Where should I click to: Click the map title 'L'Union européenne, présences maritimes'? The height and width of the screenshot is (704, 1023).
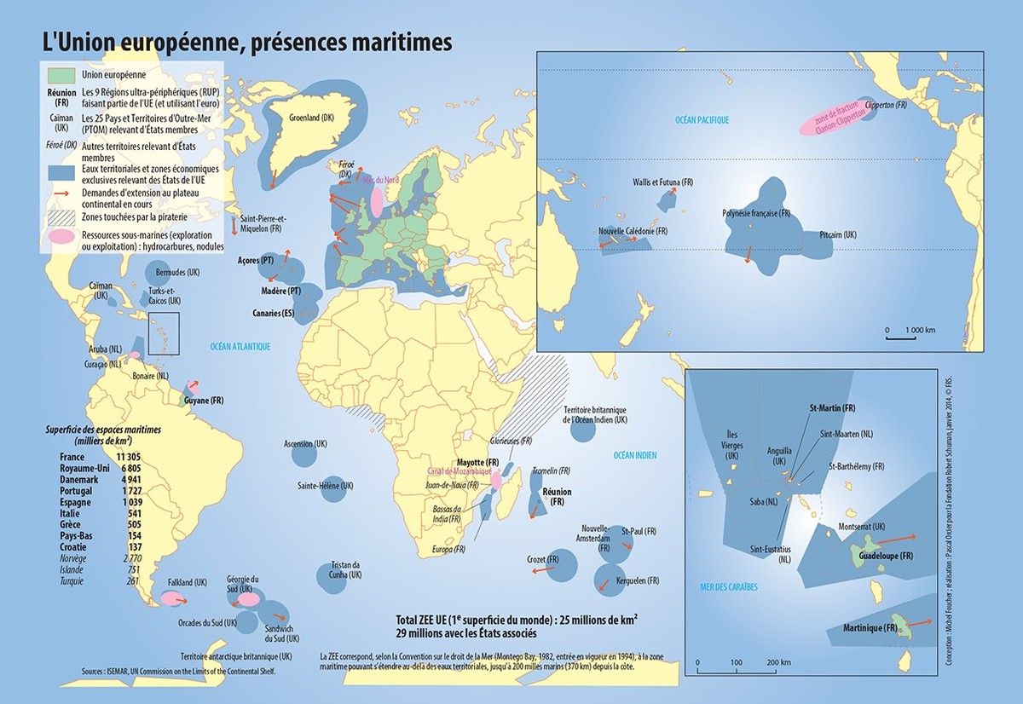[x=247, y=42]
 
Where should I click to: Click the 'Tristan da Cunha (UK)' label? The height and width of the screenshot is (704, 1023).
[x=344, y=569]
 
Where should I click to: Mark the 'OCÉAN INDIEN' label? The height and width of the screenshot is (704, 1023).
[x=635, y=456]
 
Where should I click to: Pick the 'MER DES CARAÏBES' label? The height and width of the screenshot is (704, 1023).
[x=728, y=587]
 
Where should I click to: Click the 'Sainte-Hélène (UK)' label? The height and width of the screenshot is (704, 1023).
[x=325, y=486]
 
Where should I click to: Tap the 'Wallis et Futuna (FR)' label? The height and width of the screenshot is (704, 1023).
[x=663, y=182]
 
